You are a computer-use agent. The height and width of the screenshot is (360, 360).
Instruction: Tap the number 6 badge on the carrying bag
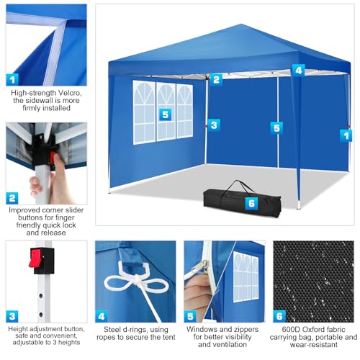click(x=251, y=203)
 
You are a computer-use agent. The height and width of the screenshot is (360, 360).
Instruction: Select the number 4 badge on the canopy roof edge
click(x=298, y=71)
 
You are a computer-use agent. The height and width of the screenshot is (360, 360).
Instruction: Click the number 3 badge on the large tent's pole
click(x=213, y=125)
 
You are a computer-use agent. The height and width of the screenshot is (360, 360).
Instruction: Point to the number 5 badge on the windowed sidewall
click(x=166, y=114)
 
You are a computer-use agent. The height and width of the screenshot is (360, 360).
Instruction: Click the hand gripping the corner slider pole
click(x=42, y=184)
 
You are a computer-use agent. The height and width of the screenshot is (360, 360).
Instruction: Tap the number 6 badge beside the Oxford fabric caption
click(x=279, y=315)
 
